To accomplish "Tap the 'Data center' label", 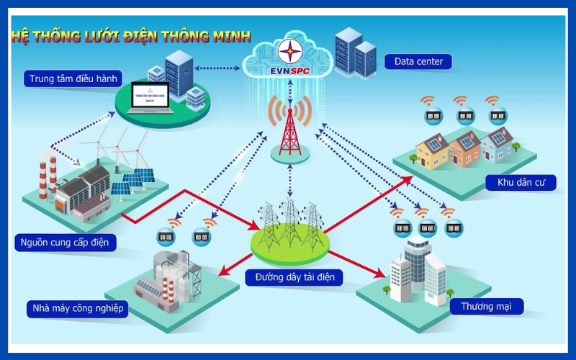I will click(418, 61).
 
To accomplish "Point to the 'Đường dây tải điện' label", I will click(289, 276).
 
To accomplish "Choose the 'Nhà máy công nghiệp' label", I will click(78, 309).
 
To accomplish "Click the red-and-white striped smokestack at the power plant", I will click(42, 176).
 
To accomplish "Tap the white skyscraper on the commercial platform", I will click(417, 266).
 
